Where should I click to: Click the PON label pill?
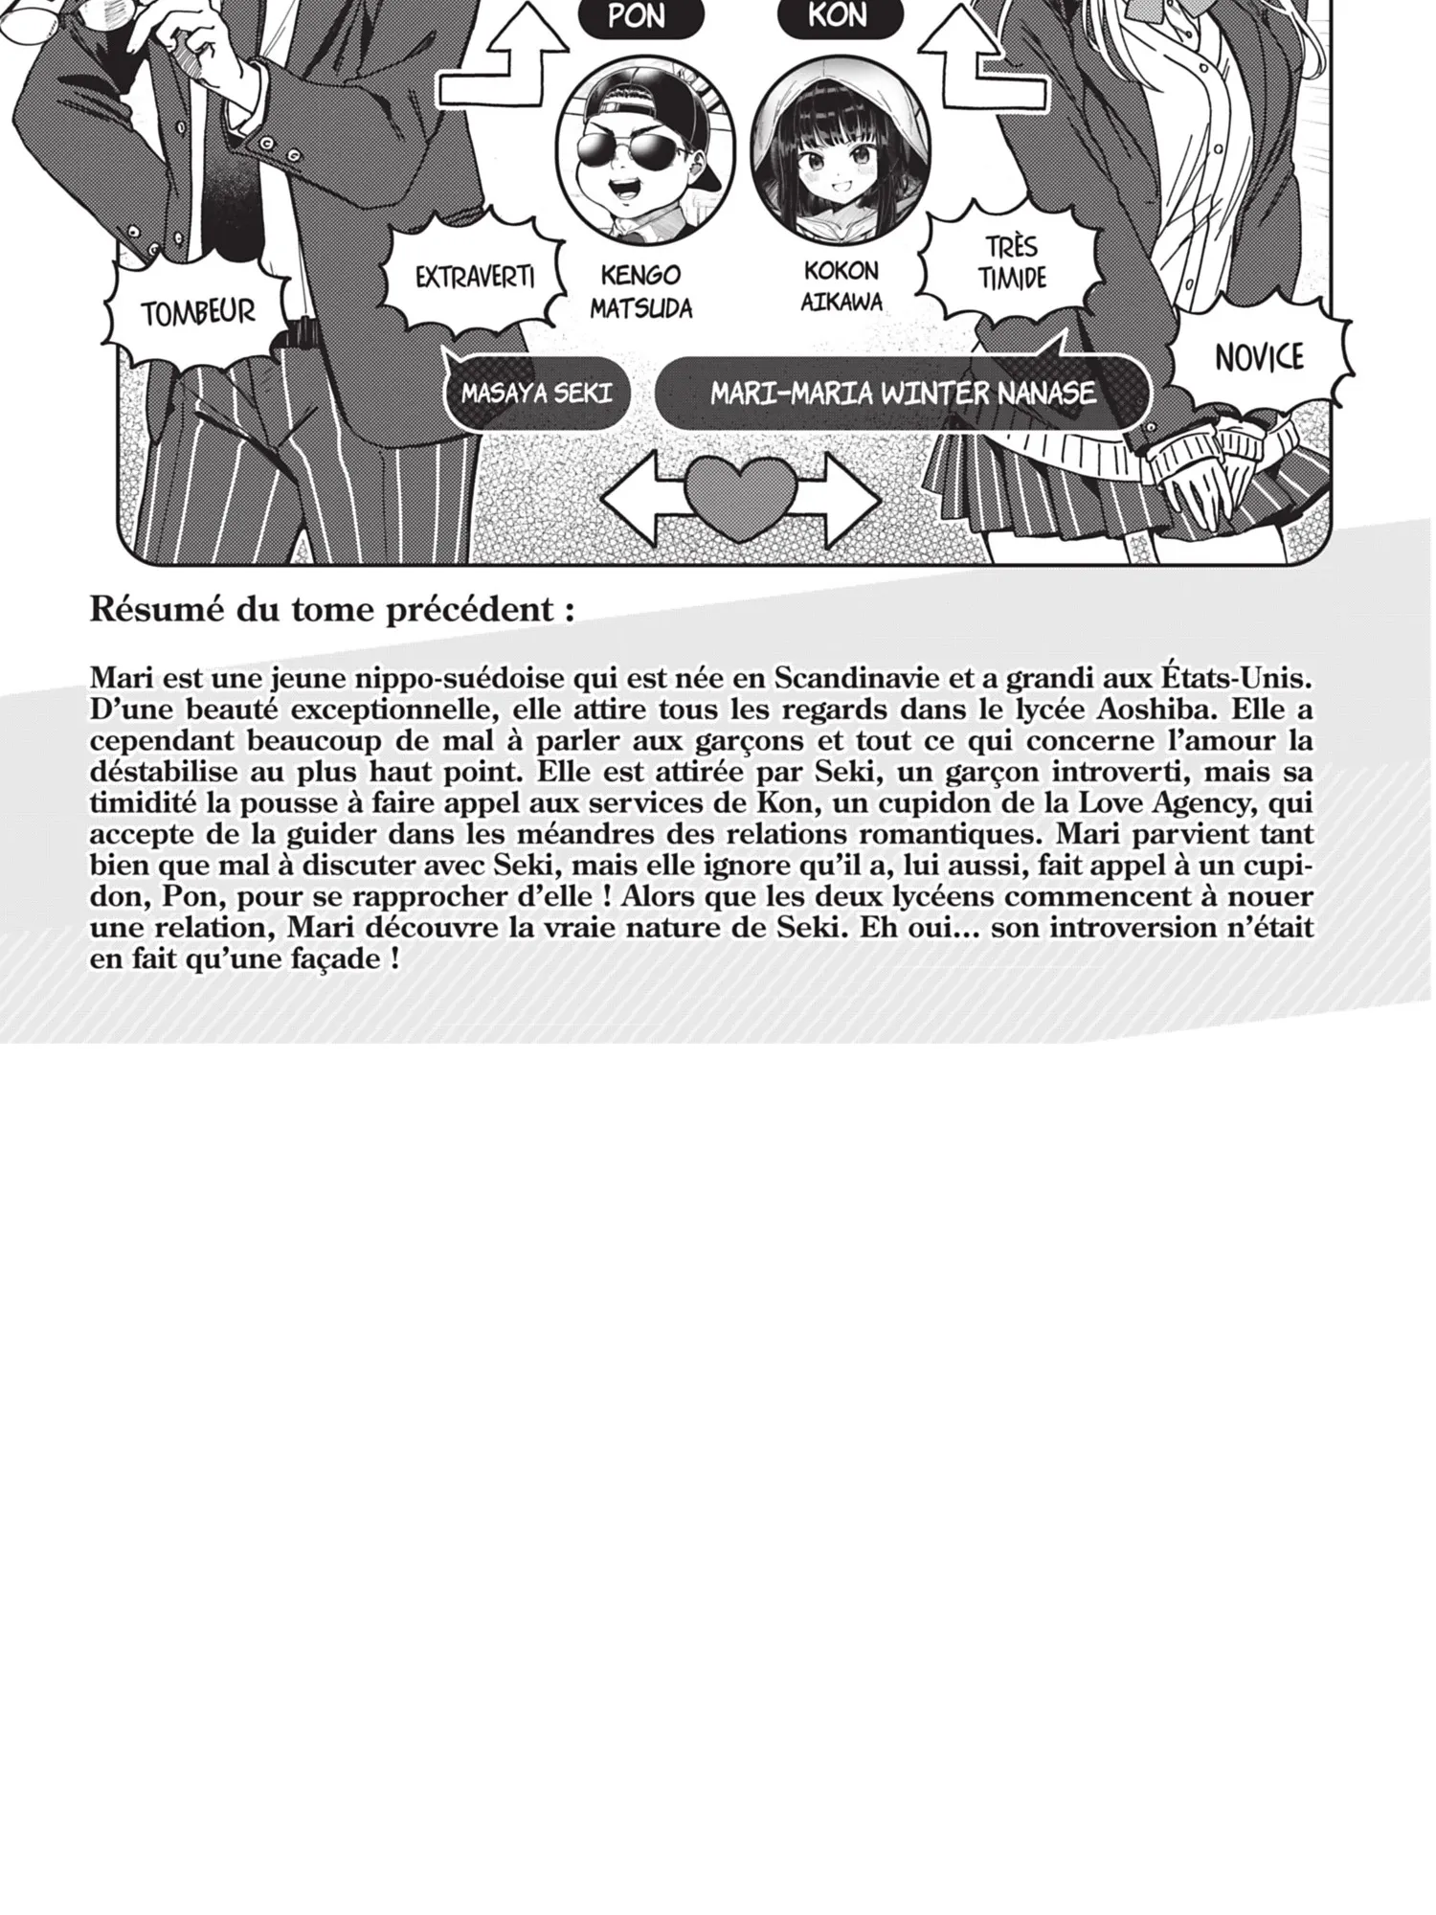point(636,17)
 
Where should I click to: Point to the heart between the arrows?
point(740,496)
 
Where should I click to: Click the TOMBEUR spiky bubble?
point(198,312)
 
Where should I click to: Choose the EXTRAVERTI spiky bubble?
point(474,278)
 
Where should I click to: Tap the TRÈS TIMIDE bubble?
point(1012,263)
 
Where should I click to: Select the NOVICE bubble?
point(1258,357)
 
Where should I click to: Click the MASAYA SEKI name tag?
point(536,394)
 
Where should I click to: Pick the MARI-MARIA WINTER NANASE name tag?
point(902,394)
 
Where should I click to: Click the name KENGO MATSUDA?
point(640,291)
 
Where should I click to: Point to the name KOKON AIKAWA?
point(841,285)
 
